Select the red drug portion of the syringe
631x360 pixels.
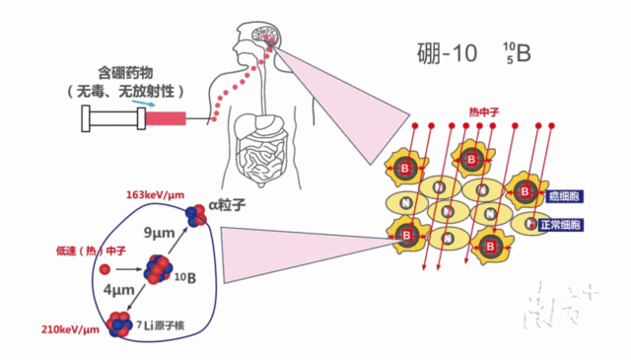tap(166, 118)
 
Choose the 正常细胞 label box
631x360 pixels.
tap(563, 225)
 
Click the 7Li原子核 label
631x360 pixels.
tap(174, 324)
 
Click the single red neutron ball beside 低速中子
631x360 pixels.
tap(105, 267)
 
